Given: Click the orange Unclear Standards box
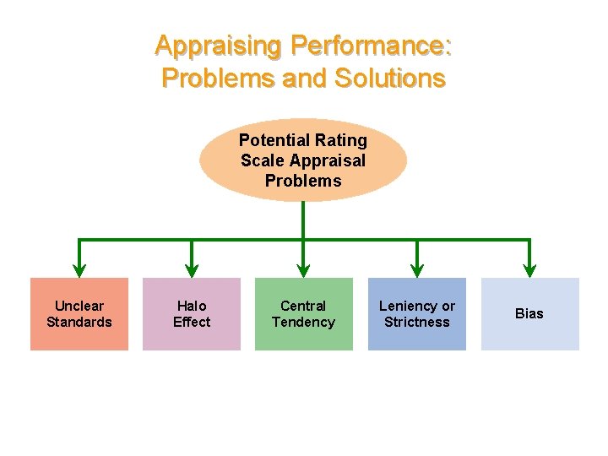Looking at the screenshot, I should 79,313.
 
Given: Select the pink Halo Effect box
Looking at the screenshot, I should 192,313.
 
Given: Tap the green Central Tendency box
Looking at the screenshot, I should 303,313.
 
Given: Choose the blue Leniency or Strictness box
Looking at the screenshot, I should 416,313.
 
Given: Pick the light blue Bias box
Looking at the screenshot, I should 529,313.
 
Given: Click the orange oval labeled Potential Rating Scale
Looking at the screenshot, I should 303,160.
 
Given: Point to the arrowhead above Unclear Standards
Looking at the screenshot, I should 79,269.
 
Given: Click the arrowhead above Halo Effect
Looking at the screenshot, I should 192,269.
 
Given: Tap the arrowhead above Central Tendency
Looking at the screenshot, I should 303,269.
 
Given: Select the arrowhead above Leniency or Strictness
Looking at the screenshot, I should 416,269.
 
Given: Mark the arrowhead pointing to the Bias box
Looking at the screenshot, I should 529,269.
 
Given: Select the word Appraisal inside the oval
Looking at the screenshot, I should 328,160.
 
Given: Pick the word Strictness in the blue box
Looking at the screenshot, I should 416,322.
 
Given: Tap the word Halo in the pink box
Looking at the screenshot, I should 192,306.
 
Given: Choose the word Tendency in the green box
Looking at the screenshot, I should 303,322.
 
